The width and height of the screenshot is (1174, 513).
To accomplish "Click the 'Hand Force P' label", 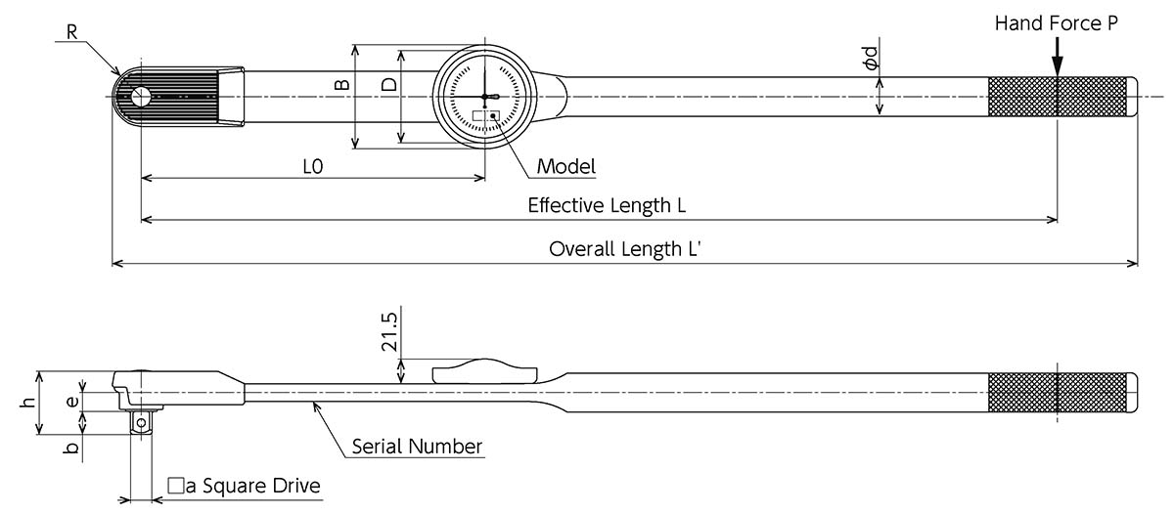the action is [1056, 23].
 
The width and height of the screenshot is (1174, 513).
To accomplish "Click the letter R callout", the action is [71, 32].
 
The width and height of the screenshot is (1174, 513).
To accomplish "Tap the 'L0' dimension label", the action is [313, 166].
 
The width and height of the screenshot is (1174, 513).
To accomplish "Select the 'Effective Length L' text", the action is [607, 205].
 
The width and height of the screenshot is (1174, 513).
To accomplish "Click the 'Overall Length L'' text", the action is [625, 248].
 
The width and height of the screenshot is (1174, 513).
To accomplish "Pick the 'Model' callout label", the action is [566, 167].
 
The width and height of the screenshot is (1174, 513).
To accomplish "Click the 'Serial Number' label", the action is [417, 447].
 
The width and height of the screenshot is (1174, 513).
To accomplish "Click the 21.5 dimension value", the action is [390, 332].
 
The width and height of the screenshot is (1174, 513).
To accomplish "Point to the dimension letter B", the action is [341, 85].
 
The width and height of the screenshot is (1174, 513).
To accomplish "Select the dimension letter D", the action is [389, 84].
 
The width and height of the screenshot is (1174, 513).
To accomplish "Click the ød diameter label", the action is [871, 58].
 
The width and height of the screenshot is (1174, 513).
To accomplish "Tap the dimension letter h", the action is [27, 402].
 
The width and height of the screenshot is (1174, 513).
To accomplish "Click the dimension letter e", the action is [72, 402].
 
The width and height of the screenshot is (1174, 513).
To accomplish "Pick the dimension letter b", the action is [72, 446].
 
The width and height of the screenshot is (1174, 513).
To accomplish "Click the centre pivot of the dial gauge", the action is [485, 97].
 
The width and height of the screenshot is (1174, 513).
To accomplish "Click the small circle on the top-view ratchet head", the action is [141, 97].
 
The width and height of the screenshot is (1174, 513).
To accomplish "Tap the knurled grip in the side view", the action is [1058, 393].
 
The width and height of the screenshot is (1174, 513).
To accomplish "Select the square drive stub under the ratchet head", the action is [141, 422].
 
